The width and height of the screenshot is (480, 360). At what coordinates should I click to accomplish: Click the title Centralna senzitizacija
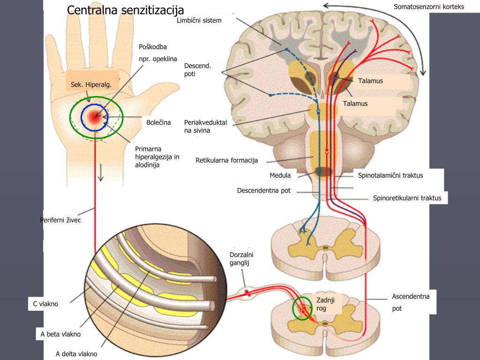[x=126, y=10]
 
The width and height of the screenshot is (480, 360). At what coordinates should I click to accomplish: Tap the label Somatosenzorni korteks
[x=428, y=7]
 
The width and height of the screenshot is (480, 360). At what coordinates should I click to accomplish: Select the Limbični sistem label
[x=199, y=21]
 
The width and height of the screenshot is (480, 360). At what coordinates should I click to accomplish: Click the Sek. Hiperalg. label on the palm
[x=91, y=84]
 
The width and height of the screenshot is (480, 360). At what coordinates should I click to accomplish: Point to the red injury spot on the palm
[x=97, y=118]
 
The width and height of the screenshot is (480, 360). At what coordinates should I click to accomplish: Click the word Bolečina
[x=158, y=123]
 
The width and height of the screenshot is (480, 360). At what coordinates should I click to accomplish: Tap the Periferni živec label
[x=60, y=220]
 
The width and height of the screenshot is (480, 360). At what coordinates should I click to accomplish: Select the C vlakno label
[x=45, y=304]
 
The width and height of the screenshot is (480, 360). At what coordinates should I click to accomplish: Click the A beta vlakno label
[x=61, y=334]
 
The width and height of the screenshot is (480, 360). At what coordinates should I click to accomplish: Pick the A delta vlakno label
[x=76, y=354]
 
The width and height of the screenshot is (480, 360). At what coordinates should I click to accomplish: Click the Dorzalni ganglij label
[x=241, y=259]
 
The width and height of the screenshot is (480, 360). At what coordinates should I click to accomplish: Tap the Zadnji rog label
[x=326, y=304]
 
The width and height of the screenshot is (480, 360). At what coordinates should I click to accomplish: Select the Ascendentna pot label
[x=411, y=302]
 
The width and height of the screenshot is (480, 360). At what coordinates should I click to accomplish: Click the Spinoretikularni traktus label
[x=407, y=198]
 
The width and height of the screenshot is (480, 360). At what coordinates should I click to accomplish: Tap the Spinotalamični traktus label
[x=390, y=175]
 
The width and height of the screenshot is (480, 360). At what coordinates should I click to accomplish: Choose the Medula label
[x=280, y=175]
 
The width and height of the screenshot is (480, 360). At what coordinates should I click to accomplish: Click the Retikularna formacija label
[x=227, y=160]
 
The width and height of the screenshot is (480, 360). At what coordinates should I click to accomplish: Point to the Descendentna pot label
[x=264, y=190]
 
